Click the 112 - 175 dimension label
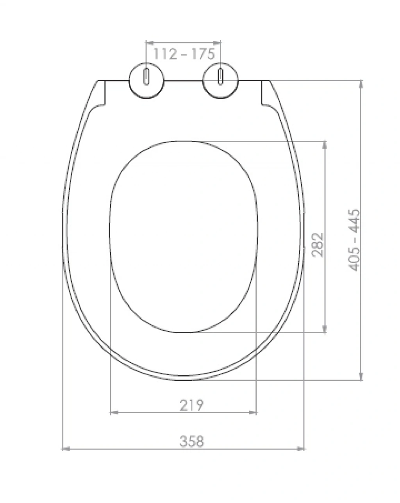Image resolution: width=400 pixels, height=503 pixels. (x=184, y=54)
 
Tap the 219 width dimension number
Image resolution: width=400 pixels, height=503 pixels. (x=191, y=405)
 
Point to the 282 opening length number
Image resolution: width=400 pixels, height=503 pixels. (x=318, y=245)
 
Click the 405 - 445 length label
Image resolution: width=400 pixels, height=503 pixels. (x=354, y=240)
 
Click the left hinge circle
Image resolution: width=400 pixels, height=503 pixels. (x=146, y=80)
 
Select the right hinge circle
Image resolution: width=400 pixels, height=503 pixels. (x=220, y=80)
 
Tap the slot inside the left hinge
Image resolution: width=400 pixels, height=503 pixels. (x=146, y=77)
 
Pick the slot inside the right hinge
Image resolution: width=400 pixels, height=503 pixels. (x=220, y=77)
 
